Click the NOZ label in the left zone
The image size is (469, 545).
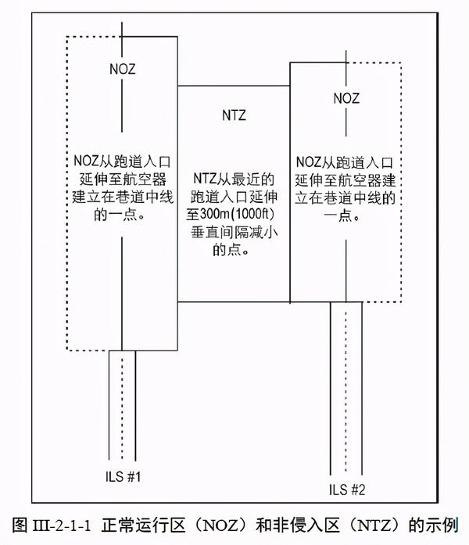121,69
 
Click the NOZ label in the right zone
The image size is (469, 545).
345,98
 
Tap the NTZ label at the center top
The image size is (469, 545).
234,116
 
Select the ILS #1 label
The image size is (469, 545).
123,475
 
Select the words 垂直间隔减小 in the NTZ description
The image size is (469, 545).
234,233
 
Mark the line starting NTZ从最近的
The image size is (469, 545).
234,180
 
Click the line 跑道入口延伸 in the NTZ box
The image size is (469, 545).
234,198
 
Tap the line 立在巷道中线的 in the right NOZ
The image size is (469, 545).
345,198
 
